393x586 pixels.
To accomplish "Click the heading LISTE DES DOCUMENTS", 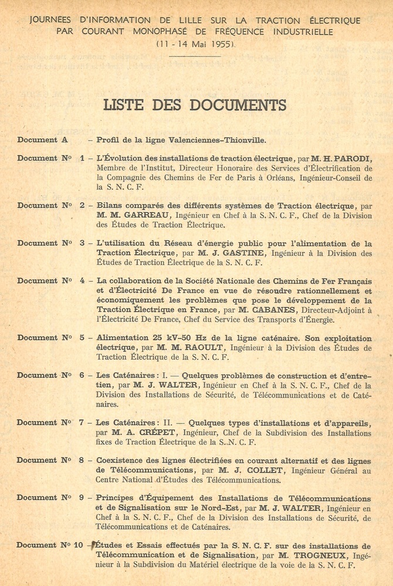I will [195, 106].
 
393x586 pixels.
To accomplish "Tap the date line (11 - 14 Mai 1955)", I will [196, 44].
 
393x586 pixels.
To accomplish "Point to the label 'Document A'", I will [42, 140].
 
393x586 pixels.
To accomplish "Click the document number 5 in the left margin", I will [82, 338].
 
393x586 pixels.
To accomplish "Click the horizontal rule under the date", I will [195, 56].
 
